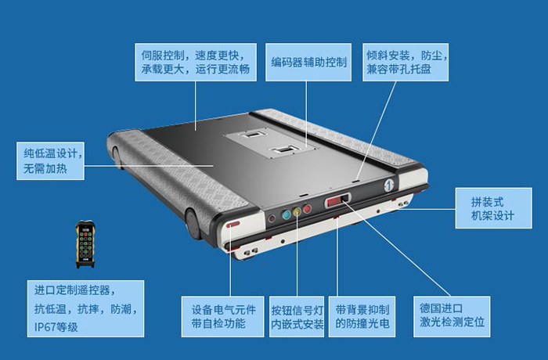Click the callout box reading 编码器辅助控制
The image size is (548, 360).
(309, 60)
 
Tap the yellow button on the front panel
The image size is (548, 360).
(297, 211)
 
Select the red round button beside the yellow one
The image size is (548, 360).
(307, 209)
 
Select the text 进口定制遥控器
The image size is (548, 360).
(74, 289)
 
